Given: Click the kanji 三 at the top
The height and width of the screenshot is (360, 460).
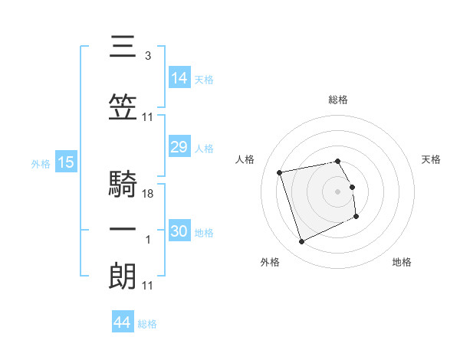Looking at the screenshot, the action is [x=123, y=46].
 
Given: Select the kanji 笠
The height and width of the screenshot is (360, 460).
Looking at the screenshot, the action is [x=123, y=107].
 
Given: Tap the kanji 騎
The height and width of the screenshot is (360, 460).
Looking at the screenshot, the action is [x=123, y=183].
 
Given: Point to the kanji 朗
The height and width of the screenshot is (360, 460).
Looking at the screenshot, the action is [x=123, y=276].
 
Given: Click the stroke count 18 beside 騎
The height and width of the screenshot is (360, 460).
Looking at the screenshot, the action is [x=147, y=194].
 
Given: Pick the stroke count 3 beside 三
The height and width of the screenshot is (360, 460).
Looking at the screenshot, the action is [x=148, y=56].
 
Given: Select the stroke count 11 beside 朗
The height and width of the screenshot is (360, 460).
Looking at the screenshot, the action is [x=147, y=286].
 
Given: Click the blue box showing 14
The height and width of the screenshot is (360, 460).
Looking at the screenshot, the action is [x=179, y=77].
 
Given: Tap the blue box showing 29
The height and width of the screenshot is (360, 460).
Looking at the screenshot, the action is [x=179, y=146].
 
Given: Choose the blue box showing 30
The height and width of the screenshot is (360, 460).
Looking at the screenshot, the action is [x=179, y=230].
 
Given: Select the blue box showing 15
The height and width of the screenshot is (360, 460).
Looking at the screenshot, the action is [x=66, y=162].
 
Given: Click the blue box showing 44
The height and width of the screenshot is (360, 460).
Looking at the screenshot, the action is [x=123, y=321].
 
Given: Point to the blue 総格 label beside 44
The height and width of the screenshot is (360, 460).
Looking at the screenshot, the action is [x=147, y=324].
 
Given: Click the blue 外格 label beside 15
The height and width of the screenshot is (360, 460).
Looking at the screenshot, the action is [x=41, y=164].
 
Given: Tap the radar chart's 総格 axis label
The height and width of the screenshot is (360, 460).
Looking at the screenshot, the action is [x=338, y=100].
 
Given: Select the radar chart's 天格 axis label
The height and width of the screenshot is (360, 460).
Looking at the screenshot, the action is [x=431, y=159].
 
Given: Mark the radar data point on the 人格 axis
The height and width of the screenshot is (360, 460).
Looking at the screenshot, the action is [x=279, y=172].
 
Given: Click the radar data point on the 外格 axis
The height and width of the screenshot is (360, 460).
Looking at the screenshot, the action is [x=301, y=242].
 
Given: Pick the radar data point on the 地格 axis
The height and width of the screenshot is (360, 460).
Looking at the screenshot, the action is [x=356, y=217].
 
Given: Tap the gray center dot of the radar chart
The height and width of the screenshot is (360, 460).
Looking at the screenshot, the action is [x=337, y=192].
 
